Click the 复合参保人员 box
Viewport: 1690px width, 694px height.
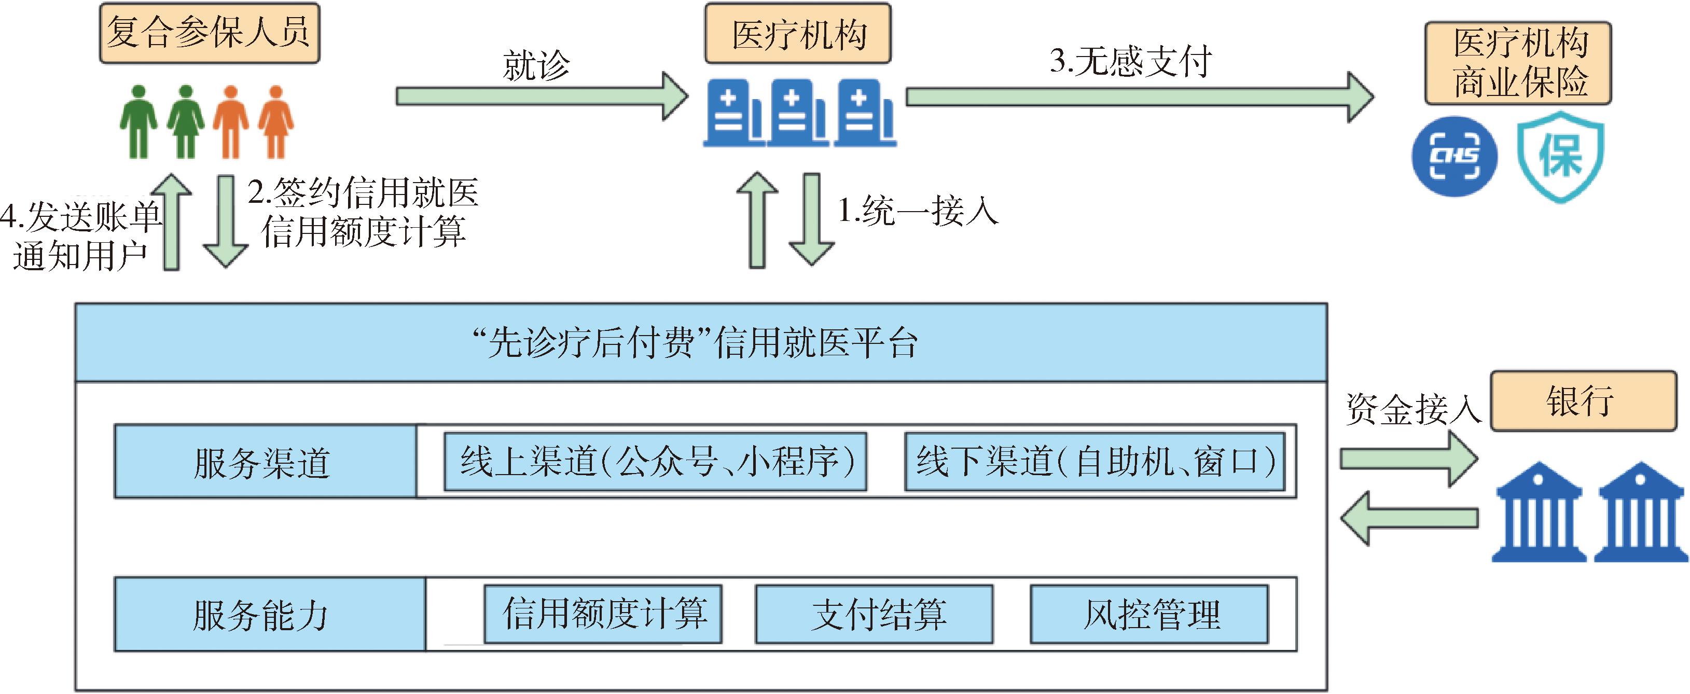pos(209,33)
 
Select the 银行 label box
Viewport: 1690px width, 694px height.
pos(1583,401)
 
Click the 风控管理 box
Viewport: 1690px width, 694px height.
pos(1149,614)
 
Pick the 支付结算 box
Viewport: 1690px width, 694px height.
pos(874,614)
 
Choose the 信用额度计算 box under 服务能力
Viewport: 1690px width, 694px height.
pos(603,614)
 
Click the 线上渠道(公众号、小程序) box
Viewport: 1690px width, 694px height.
pos(655,461)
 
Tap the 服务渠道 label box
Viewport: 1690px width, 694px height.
pos(265,461)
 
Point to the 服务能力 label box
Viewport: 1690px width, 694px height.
pos(270,614)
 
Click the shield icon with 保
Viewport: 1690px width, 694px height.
pos(1561,156)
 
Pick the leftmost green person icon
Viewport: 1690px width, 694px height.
pos(138,122)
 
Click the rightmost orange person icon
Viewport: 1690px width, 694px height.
pos(275,122)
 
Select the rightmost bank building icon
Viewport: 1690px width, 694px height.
pos(1641,513)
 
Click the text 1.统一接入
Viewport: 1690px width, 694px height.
pos(918,211)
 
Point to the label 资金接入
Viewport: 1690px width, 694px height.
pos(1413,409)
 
